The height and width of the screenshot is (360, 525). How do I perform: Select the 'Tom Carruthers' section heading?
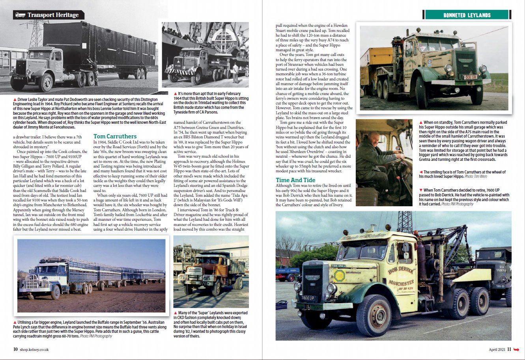115,136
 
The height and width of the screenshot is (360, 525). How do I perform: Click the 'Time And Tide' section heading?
295,180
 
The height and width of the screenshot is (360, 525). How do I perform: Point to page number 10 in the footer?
15,349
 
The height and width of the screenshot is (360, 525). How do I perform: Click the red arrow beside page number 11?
516,349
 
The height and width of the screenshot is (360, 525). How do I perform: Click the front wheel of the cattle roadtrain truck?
55,292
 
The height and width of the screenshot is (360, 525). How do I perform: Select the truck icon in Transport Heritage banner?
20,15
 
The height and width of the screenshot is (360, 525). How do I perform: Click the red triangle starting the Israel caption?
175,313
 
